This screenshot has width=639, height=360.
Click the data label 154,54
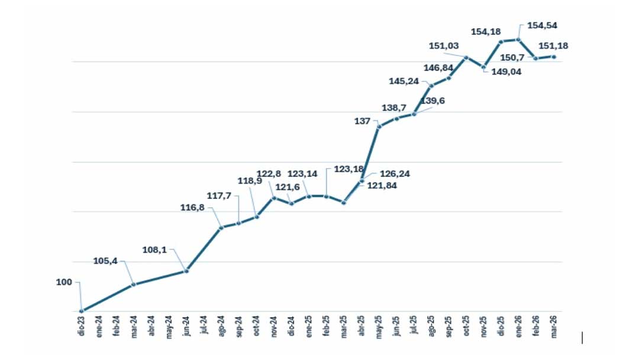click(x=542, y=25)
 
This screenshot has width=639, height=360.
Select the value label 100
click(x=64, y=282)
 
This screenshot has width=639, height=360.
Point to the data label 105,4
click(x=105, y=261)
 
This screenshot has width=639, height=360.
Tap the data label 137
click(x=362, y=121)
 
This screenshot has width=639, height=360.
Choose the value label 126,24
click(x=395, y=173)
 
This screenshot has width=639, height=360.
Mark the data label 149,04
click(x=506, y=72)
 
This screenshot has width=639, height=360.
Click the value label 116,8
click(x=192, y=207)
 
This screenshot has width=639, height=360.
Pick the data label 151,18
click(x=553, y=46)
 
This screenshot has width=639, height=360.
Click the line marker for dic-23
click(x=81, y=311)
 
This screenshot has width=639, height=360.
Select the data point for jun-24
click(x=186, y=271)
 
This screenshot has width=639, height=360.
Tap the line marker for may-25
click(x=379, y=126)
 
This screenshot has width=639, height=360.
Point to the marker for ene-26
click(x=518, y=40)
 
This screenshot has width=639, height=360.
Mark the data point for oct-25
click(x=466, y=57)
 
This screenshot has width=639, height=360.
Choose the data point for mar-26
click(x=554, y=57)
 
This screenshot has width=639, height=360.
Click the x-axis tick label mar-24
click(x=134, y=327)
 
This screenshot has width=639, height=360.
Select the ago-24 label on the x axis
click(x=221, y=326)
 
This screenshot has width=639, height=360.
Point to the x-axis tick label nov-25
click(x=484, y=327)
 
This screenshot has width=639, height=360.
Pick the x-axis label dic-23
click(x=81, y=326)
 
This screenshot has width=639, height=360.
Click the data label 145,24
click(x=404, y=81)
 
